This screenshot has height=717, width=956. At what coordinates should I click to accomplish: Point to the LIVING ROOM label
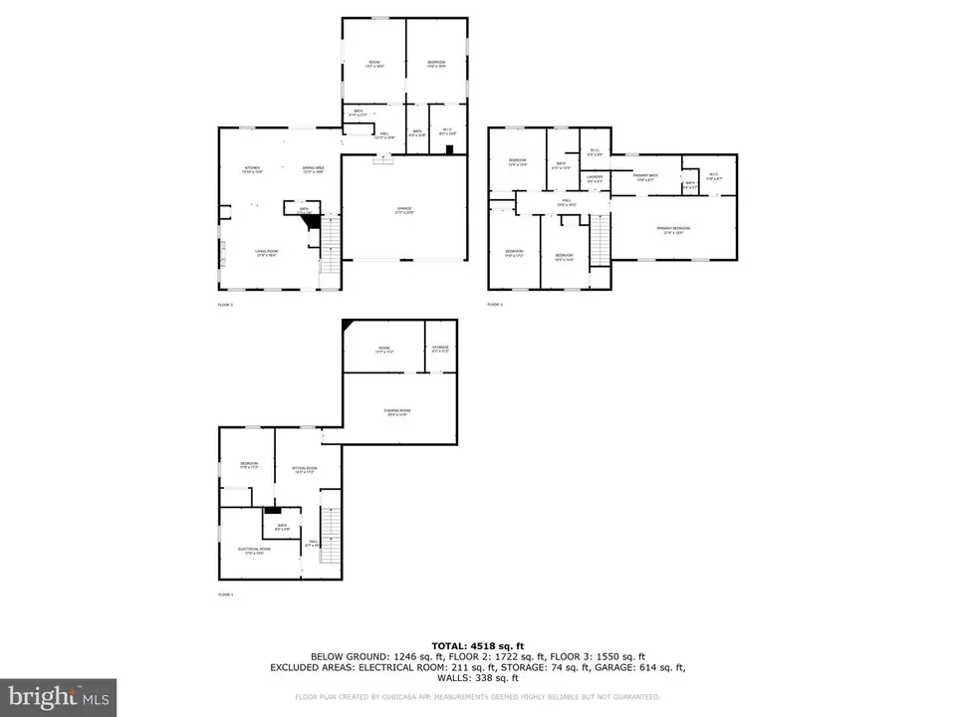tap(266, 252)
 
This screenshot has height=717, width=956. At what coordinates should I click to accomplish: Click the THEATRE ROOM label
tap(398, 412)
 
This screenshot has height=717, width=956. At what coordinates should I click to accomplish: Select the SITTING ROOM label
tap(304, 468)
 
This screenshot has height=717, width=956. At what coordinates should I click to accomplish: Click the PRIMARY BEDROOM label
tap(673, 229)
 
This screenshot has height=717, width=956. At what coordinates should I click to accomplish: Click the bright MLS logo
tap(58, 696)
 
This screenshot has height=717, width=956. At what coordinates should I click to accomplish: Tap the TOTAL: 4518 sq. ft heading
tap(477, 644)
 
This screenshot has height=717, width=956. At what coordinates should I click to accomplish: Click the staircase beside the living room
tap(329, 247)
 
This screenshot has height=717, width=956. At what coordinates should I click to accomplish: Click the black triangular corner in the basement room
tap(348, 326)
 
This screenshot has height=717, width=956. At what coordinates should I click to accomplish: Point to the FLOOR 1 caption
tap(226, 595)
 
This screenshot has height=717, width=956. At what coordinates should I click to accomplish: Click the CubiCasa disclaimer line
tap(477, 697)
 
